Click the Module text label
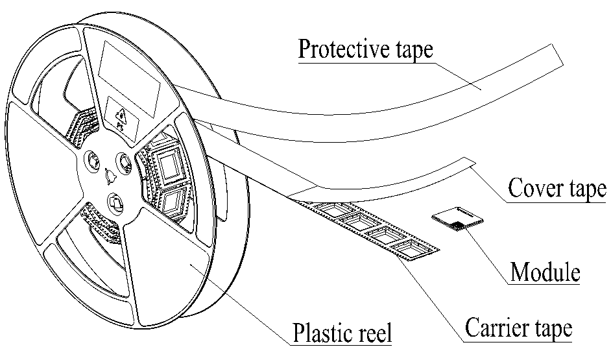(544, 272)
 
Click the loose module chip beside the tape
(458, 218)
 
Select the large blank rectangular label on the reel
(129, 71)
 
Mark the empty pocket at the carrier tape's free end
(414, 248)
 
